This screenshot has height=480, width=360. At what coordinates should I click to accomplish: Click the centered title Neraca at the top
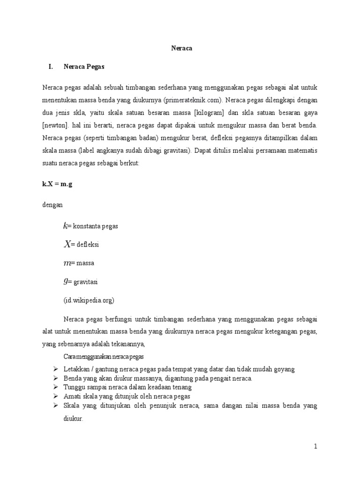180,48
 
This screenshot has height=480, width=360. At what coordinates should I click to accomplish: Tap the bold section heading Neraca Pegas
84,67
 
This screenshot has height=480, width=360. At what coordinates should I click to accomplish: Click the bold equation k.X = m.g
57,184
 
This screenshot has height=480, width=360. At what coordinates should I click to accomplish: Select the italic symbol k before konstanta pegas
66,226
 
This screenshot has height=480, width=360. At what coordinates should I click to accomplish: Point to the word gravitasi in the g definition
85,282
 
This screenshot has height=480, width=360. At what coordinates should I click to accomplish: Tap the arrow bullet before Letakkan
55,369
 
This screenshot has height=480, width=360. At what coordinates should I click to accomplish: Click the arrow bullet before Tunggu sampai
55,387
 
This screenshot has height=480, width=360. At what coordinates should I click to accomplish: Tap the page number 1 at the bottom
315,447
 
